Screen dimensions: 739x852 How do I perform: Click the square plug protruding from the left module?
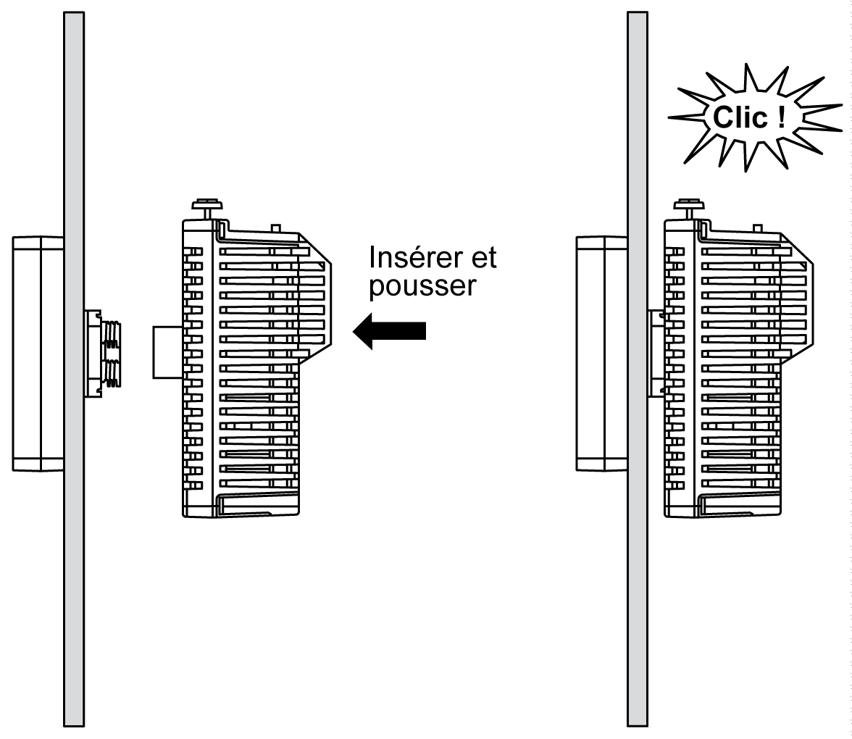167,352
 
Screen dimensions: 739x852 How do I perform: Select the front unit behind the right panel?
601,353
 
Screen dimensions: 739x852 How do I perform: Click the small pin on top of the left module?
275,228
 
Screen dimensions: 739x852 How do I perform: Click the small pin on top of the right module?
757,228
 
